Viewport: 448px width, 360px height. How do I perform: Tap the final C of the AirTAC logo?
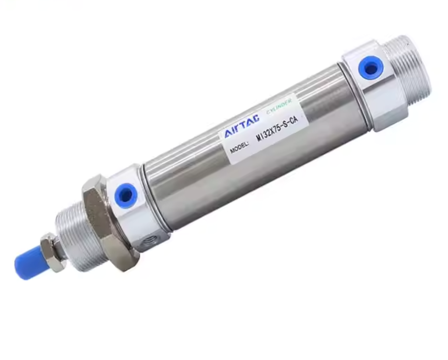click(255, 118)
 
